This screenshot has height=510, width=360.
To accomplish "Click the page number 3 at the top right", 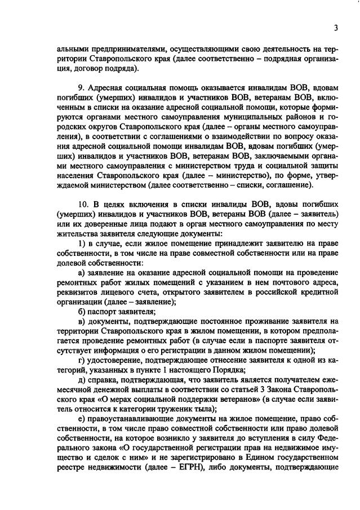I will click(336, 28).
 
